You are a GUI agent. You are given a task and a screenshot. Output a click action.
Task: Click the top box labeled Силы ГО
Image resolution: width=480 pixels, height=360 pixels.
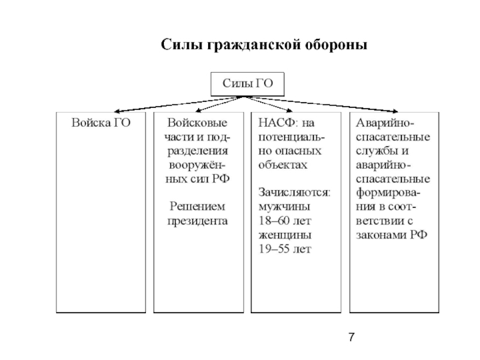point(247,84)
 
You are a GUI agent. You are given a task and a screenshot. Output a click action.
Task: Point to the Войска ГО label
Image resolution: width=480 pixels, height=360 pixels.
point(101,122)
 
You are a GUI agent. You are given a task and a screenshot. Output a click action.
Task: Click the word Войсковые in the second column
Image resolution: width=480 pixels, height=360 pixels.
point(197,122)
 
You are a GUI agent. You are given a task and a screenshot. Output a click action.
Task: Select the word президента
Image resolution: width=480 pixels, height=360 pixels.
point(197,221)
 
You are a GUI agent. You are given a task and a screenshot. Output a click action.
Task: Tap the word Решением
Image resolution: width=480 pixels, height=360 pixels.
point(197,206)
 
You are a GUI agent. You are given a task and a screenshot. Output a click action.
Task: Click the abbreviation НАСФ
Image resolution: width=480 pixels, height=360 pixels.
point(277,122)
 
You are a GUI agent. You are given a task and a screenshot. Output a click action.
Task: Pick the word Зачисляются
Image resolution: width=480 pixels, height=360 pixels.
point(295,193)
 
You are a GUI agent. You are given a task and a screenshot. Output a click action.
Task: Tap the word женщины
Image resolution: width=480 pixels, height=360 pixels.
point(285,235)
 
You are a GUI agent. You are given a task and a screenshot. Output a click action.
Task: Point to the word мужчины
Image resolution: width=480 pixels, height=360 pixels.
point(284,207)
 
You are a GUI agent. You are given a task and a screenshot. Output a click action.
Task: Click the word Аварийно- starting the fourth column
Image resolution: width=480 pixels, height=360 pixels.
point(385,123)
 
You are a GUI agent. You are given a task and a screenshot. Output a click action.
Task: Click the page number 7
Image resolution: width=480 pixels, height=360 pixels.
point(352,337)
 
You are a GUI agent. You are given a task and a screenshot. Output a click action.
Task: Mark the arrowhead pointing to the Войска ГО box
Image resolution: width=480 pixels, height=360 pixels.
point(116,112)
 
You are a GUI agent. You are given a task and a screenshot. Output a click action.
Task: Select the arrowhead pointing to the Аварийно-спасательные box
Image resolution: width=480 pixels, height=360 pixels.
point(395,112)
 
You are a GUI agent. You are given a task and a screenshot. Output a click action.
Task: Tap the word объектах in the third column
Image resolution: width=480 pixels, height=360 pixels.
point(283,164)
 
